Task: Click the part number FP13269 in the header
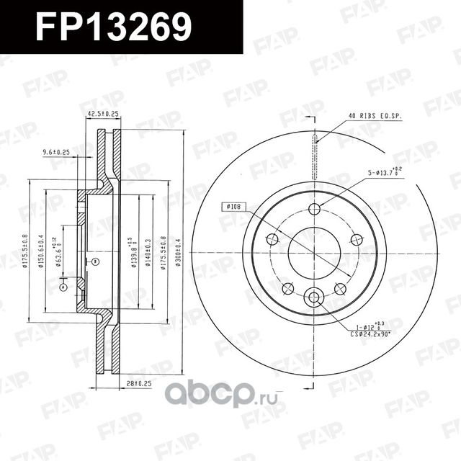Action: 114,27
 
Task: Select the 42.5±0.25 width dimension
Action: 102,114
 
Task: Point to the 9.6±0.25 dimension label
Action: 55,152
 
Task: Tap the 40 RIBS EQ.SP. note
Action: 371,115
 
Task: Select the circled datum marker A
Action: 63,286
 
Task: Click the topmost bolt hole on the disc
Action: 313,209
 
